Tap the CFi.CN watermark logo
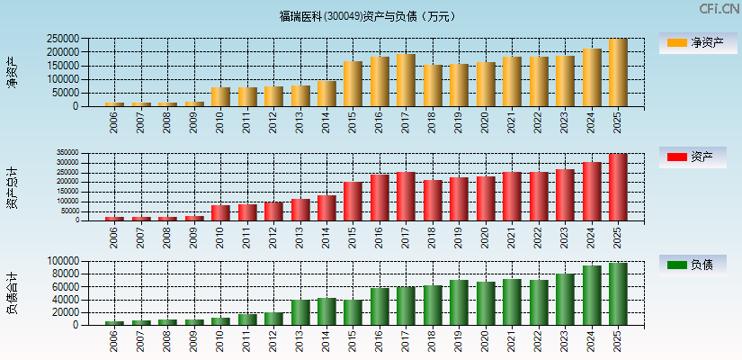pyautogui.click(x=719, y=9)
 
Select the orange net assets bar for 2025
pyautogui.click(x=618, y=73)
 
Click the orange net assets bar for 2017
pyautogui.click(x=407, y=80)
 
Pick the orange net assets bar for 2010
pyautogui.click(x=221, y=96)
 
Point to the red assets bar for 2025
pyautogui.click(x=618, y=187)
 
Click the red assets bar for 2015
pyautogui.click(x=353, y=201)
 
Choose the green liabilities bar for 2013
pyautogui.click(x=300, y=312)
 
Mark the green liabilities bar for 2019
pyautogui.click(x=459, y=302)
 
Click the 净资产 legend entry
pyautogui.click(x=693, y=42)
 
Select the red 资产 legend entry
pyautogui.click(x=693, y=157)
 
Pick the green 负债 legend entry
pyautogui.click(x=693, y=265)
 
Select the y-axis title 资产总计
pyautogui.click(x=13, y=187)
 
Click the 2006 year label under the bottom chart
pyautogui.click(x=115, y=341)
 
